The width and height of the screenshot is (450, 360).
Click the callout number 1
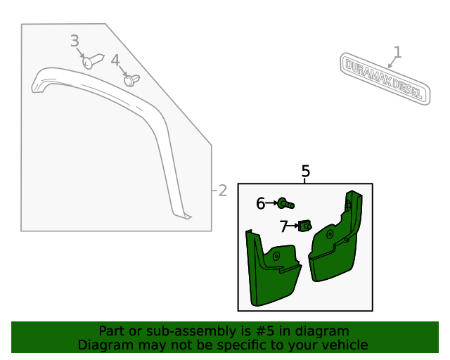pos(398,51)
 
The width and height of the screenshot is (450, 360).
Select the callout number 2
pos(222,190)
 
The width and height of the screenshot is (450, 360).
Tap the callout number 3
pos(75,41)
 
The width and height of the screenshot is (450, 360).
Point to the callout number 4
pos(115,60)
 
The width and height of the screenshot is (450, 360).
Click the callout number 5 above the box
pos(305,171)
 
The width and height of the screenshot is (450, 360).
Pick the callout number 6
pos(260,203)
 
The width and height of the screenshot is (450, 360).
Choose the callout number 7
pos(283,226)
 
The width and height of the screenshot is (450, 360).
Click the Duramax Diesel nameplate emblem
pos(385,77)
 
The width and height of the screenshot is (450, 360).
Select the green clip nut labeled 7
pos(306,226)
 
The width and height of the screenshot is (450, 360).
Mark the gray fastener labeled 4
pos(130,79)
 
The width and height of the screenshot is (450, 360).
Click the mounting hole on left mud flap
pos(276,255)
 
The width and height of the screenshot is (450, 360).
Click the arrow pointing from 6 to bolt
pos(272,203)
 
